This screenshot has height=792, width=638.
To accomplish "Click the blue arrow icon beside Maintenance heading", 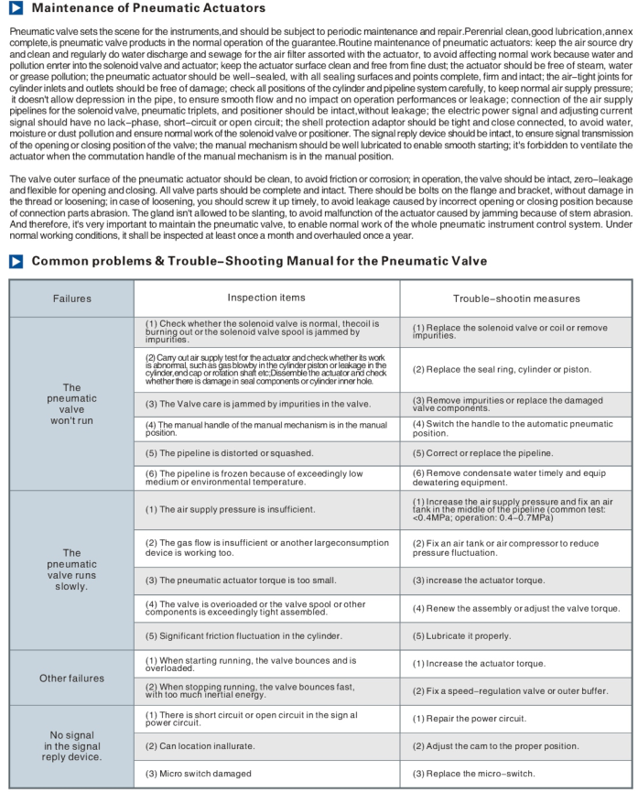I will point(17,8).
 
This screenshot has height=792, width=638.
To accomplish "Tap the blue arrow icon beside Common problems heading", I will point(17,261).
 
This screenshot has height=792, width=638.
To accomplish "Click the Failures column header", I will point(71,298).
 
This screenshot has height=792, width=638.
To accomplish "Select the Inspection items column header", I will point(266,298).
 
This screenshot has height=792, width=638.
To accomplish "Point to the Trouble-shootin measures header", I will point(516,298).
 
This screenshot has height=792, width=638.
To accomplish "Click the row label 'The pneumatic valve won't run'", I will point(71,405).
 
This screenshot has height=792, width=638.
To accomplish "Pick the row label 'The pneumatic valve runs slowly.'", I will point(71,570).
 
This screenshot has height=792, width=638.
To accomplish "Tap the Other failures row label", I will point(71,678).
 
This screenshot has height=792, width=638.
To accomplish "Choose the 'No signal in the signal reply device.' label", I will point(71,745).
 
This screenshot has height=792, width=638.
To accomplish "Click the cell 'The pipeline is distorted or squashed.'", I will point(229,452).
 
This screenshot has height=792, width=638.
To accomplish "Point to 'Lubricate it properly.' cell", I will point(461,635).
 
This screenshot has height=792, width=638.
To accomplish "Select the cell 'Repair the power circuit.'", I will point(468,719).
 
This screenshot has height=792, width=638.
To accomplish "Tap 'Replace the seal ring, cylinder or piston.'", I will point(501,369).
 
